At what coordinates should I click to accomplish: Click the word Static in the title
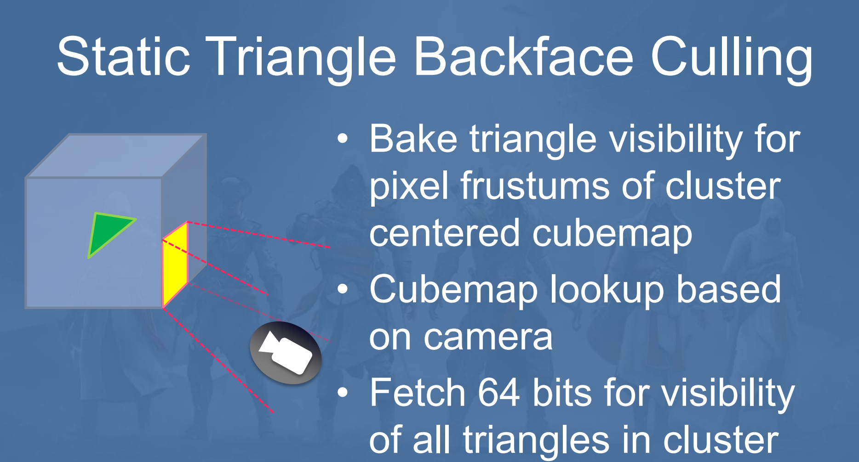[123, 56]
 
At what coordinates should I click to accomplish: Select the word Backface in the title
[524, 56]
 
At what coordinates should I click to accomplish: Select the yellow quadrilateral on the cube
[175, 265]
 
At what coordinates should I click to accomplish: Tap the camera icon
[285, 353]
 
